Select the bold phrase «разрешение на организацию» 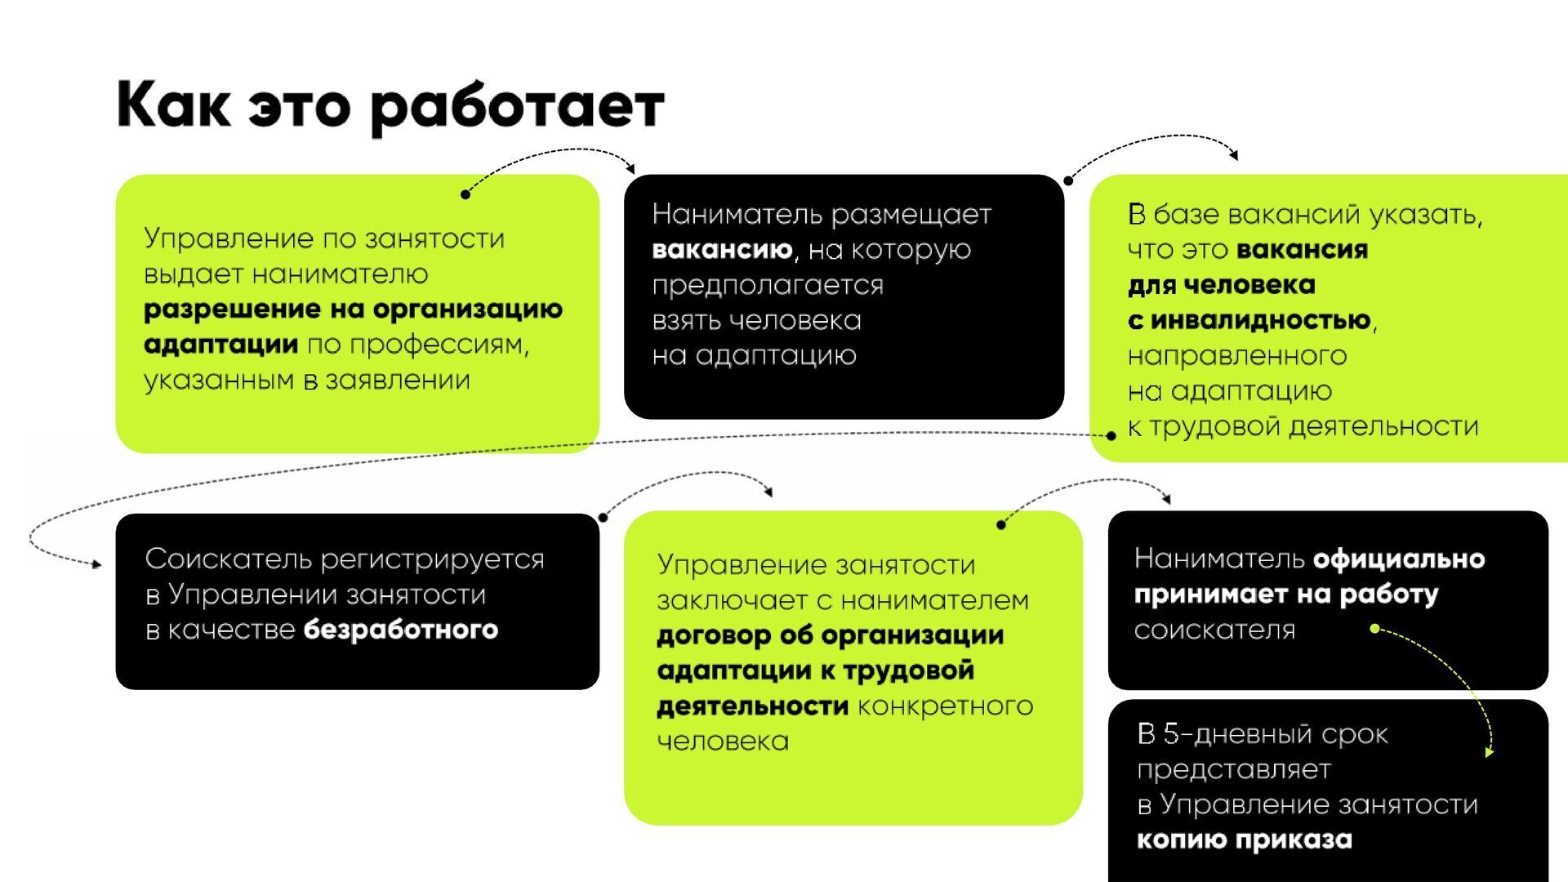click(x=353, y=310)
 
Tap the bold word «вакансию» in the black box click(x=722, y=250)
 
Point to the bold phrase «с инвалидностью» click(x=1249, y=320)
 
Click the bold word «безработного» click(x=400, y=630)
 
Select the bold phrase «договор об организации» click(x=830, y=635)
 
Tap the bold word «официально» click(x=1398, y=559)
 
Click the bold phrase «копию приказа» click(x=1244, y=840)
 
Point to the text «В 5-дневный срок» click(x=1262, y=734)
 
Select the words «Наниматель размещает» click(x=822, y=215)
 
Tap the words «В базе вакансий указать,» click(x=1305, y=215)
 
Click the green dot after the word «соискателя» click(x=1374, y=629)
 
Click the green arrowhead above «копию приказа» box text click(x=1489, y=752)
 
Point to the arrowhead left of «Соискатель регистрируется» click(x=96, y=563)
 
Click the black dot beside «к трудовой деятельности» click(x=1111, y=436)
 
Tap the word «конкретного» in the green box click(x=945, y=706)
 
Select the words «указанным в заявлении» click(x=307, y=381)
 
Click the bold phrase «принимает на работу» click(x=1286, y=595)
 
